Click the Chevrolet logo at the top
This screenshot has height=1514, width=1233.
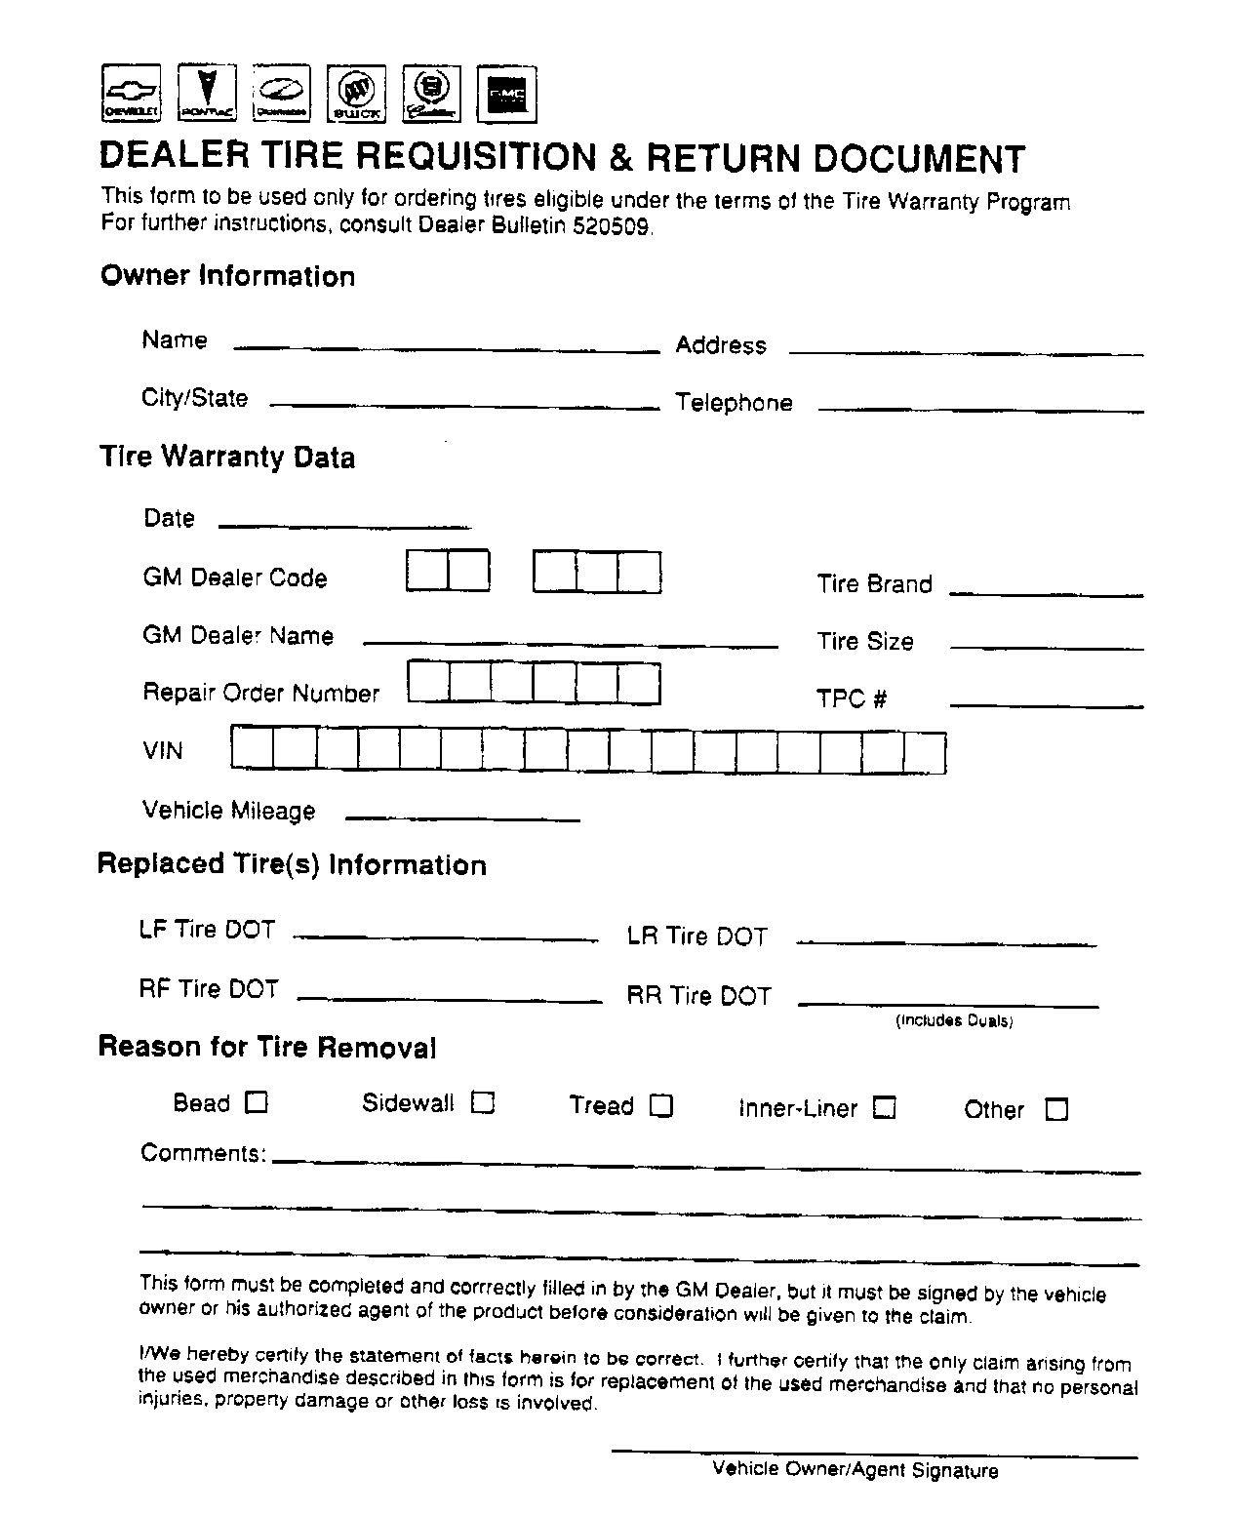(x=130, y=94)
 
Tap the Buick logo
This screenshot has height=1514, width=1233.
(x=356, y=95)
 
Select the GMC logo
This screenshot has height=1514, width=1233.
(x=506, y=95)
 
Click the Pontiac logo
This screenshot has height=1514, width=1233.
(x=207, y=94)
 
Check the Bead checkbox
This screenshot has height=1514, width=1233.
(x=256, y=1102)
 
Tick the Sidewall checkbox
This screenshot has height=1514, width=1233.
(x=483, y=1102)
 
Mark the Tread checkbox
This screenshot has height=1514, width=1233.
(x=661, y=1105)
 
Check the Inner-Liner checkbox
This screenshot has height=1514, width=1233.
(x=884, y=1108)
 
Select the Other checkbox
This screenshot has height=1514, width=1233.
(x=1056, y=1109)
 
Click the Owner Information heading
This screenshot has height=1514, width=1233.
(x=227, y=276)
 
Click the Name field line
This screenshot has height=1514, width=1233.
(x=447, y=346)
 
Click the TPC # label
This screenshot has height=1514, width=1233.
(x=852, y=698)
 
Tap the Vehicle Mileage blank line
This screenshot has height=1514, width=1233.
(x=462, y=817)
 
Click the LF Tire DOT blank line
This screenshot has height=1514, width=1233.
(x=446, y=936)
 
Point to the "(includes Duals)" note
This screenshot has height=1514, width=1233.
(x=954, y=1021)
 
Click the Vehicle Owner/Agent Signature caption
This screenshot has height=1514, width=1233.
(x=855, y=1470)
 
